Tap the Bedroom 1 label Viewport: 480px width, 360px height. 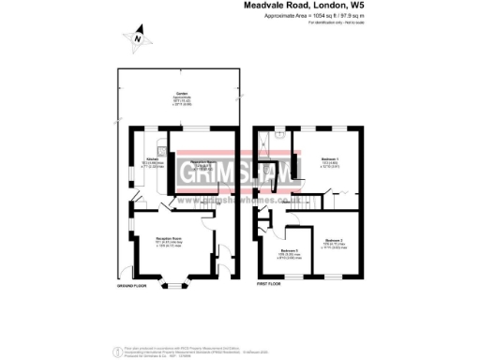pyautogui.click(x=329, y=159)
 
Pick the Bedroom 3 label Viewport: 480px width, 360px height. pyautogui.click(x=290, y=250)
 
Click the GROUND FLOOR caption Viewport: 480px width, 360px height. pyautogui.click(x=133, y=284)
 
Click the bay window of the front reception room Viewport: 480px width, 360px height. pyautogui.click(x=169, y=277)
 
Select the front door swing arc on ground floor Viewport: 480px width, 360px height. pyautogui.click(x=222, y=256)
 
